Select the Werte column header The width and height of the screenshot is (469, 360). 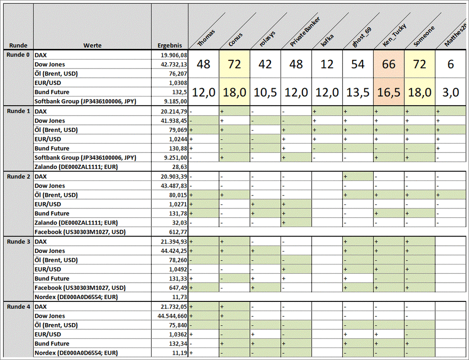tap(92, 45)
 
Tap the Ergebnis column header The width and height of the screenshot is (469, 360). tap(170, 45)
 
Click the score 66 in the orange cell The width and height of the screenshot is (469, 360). tap(389, 64)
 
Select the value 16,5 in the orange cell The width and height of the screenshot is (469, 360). tap(389, 92)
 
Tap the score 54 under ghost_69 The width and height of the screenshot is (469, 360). tap(358, 64)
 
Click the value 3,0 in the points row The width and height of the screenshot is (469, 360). tap(450, 92)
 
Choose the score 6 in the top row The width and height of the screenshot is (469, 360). tap(450, 64)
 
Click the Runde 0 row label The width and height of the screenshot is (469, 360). tap(18, 55)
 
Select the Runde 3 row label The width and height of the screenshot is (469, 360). tap(18, 241)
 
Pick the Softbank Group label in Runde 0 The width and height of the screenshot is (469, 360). tap(85, 101)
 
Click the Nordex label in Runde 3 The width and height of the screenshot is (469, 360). tap(76, 297)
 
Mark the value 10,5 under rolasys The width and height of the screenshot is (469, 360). tap(265, 92)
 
